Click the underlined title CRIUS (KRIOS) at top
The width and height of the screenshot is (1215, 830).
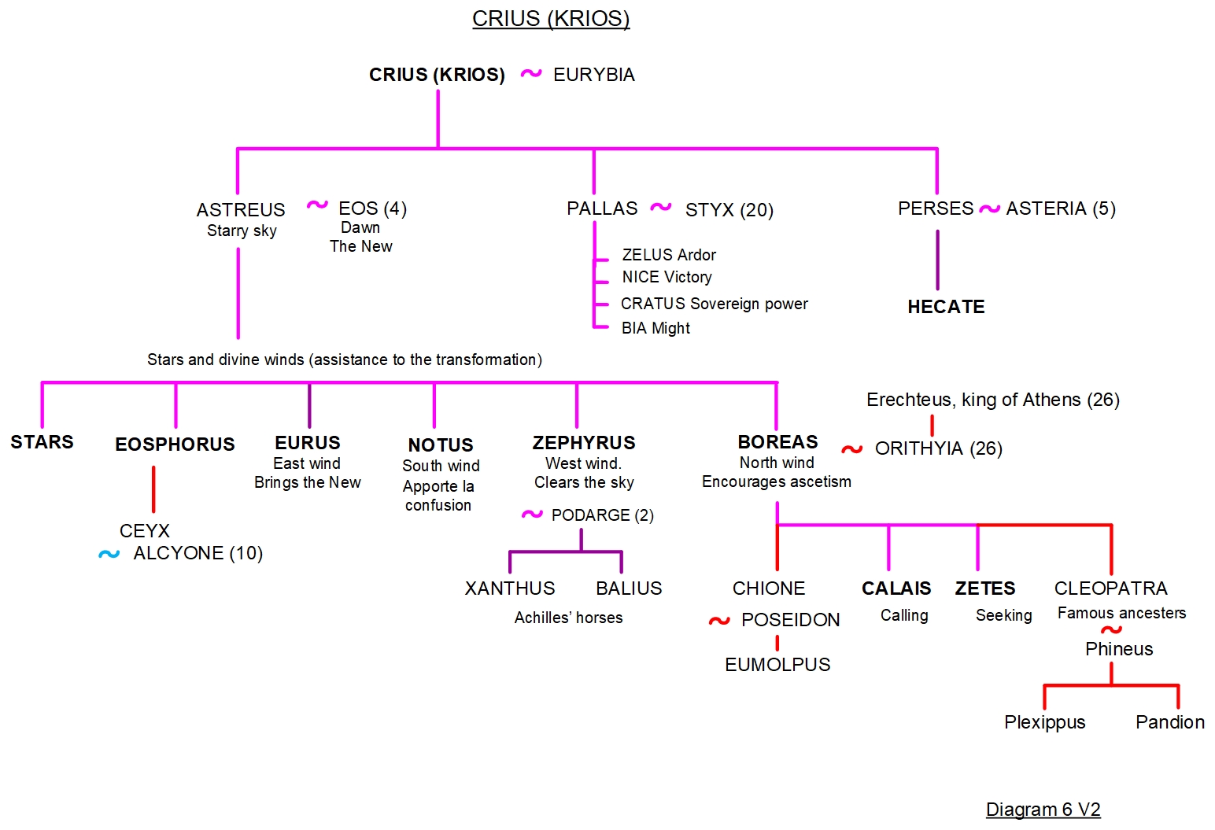point(551,18)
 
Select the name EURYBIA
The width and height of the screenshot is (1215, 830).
point(593,75)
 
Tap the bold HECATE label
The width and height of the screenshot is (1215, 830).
point(946,307)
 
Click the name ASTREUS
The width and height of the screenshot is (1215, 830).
point(241,210)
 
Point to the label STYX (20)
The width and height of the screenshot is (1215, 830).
point(729,210)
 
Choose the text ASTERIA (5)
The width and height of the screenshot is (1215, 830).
point(1061,208)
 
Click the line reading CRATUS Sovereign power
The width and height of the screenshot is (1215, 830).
point(714,304)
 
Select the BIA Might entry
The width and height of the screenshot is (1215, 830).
point(656,328)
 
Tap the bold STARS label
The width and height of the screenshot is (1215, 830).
point(42,442)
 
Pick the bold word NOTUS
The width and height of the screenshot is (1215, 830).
point(441,445)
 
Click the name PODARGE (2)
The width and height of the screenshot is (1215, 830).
point(602,515)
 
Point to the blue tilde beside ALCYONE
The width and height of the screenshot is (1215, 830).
point(109,554)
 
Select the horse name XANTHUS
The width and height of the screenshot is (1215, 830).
point(510,588)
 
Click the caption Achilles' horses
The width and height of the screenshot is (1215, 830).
point(568,618)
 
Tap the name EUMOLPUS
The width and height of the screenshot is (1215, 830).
point(777,665)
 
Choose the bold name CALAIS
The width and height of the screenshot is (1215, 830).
point(896,588)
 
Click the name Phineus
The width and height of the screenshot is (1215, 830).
point(1119,649)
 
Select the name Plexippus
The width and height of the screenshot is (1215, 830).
point(1044,722)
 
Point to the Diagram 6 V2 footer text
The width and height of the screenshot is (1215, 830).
point(1043,810)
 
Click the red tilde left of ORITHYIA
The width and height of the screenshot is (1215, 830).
point(852,449)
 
